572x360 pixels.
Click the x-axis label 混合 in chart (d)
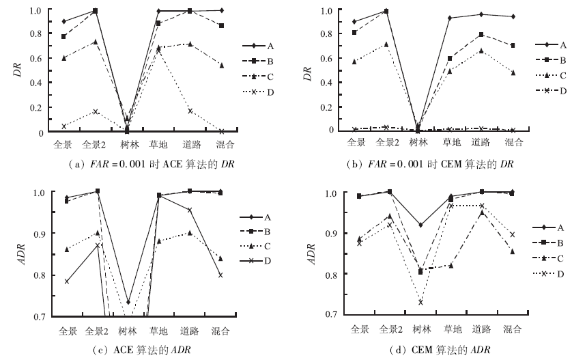click(x=513, y=329)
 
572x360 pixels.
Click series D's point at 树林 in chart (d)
click(x=420, y=302)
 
